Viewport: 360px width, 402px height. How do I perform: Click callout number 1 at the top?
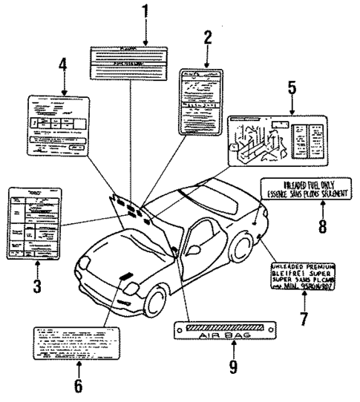coord(146,13)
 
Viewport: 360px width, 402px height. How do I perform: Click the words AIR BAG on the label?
coord(223,334)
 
